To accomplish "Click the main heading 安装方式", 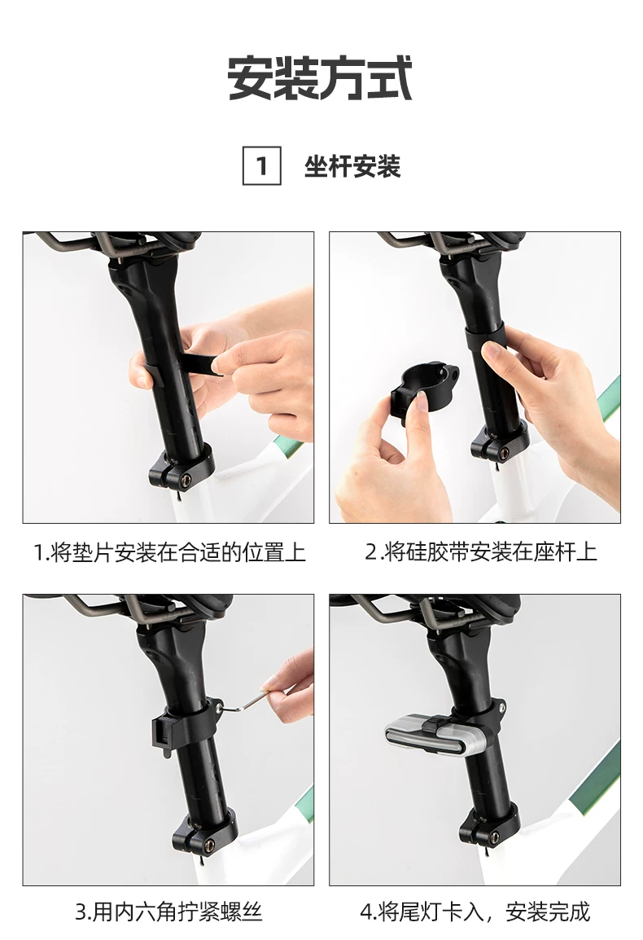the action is click(321, 78).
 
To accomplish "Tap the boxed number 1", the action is click(261, 165).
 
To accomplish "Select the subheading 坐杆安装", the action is click(352, 166).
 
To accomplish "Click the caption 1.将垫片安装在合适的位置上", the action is click(169, 551).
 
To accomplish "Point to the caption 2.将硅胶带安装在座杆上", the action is click(480, 551).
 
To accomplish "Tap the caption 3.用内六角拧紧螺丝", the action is click(168, 911).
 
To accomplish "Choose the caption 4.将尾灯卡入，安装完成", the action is click(475, 911).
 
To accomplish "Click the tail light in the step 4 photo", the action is click(434, 735).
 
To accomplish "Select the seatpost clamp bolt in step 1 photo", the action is click(186, 479).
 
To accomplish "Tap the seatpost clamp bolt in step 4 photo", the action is click(495, 837).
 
